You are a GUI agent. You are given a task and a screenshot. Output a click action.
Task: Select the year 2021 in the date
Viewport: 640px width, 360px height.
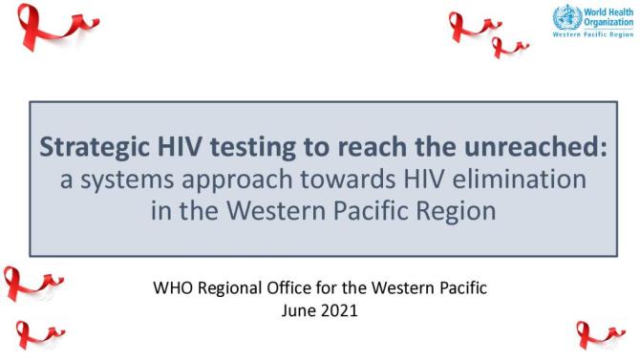pos(340,310)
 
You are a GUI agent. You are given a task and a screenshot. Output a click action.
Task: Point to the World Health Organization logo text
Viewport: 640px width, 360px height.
pos(608,16)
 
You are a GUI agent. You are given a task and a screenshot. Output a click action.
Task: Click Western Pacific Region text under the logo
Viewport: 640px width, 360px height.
pos(591,35)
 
